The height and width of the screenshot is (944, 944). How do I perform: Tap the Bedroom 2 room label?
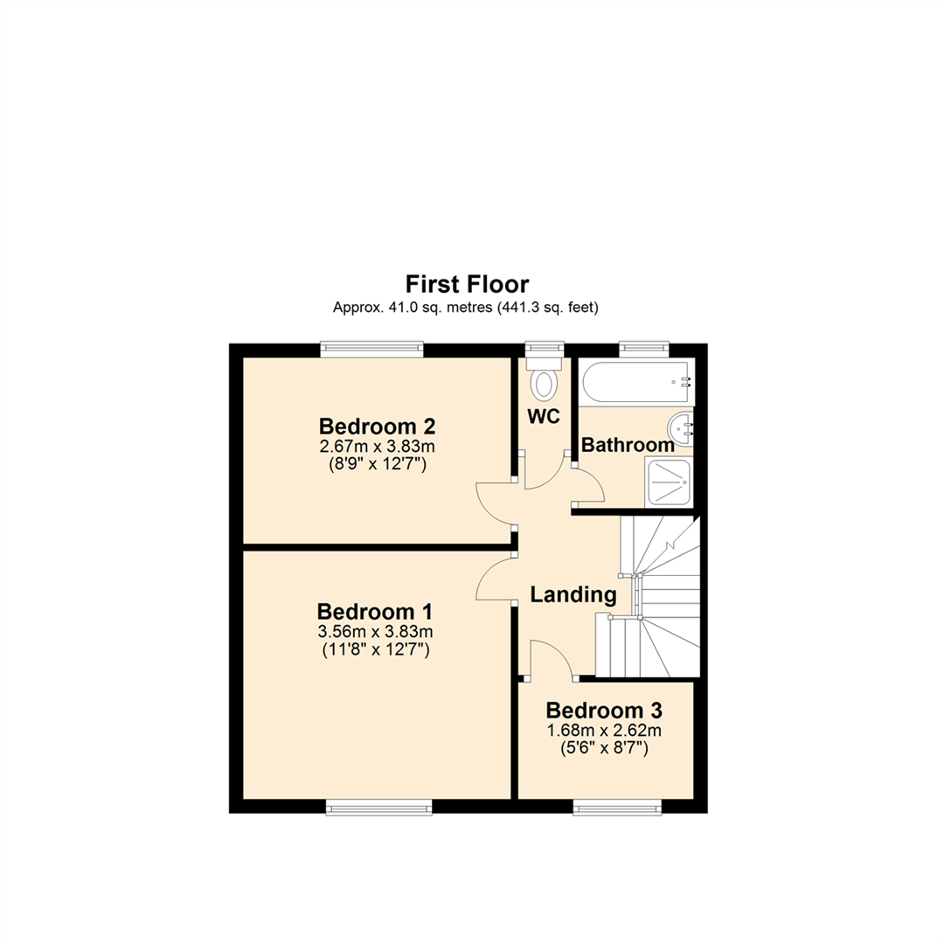(x=378, y=427)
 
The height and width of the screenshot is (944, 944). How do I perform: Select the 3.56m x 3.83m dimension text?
(x=376, y=632)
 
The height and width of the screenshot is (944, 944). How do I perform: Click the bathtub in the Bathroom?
(x=635, y=382)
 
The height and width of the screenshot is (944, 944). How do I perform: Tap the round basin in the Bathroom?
(x=681, y=427)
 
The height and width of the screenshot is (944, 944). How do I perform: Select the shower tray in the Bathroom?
(x=669, y=482)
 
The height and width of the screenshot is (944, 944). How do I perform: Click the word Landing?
(x=573, y=595)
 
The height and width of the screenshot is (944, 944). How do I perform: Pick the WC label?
(x=543, y=416)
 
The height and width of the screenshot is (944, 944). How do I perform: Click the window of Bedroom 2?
(x=371, y=349)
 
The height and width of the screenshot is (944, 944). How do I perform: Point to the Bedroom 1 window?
(x=378, y=809)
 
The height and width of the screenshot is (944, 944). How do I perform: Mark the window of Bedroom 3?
(x=617, y=809)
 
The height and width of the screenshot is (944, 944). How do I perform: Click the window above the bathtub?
(x=644, y=348)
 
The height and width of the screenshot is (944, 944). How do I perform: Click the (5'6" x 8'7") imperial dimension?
(x=603, y=747)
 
